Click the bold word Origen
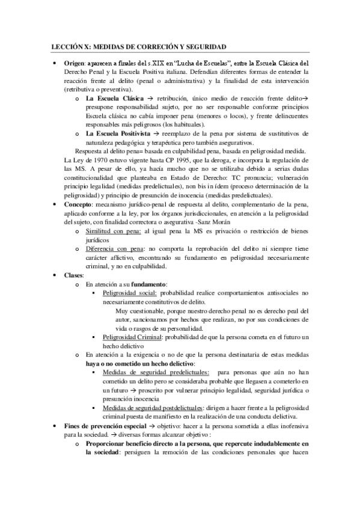[75, 63]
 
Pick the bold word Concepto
[78, 204]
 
